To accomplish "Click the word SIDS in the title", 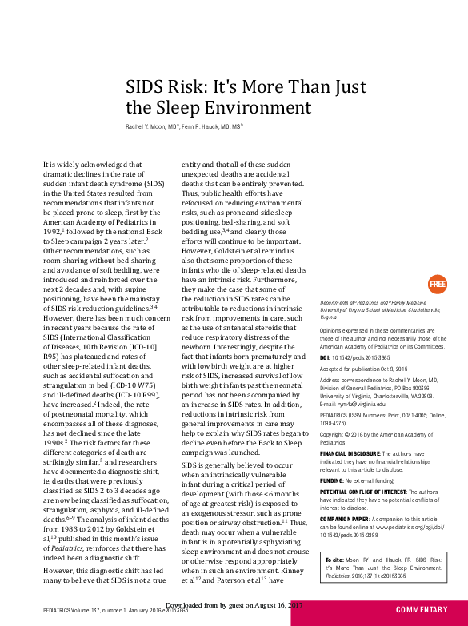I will (x=149, y=88).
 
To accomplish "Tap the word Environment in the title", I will (x=254, y=107).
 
